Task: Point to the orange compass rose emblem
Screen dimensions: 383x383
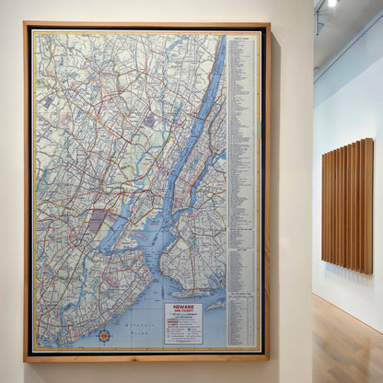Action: (x=104, y=336)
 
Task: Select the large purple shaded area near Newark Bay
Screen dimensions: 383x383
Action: (x=97, y=221)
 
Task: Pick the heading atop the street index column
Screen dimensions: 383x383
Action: (x=240, y=41)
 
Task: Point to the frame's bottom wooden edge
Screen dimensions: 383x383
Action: (x=147, y=357)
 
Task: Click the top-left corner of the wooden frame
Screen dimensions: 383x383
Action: (x=27, y=26)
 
